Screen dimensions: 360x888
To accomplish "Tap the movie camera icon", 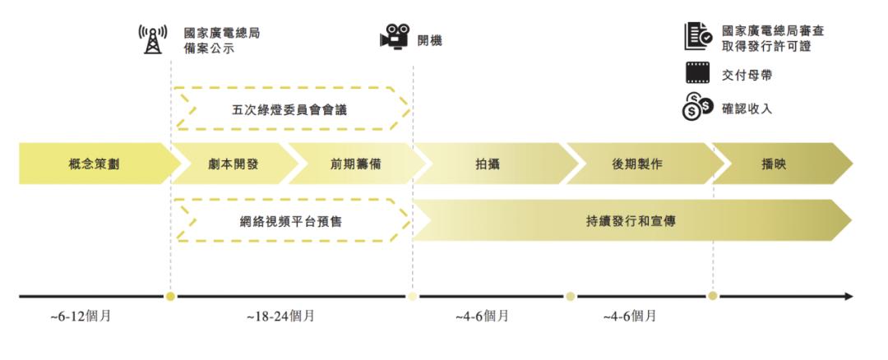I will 394,38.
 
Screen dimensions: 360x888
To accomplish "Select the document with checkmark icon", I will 697,36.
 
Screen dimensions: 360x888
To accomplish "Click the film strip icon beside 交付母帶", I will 697,74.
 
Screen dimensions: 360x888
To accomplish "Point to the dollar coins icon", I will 697,108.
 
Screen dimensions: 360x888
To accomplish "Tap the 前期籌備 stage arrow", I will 349,164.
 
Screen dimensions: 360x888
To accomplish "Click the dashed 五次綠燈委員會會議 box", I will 292,108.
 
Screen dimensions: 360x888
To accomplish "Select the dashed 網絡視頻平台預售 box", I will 292,220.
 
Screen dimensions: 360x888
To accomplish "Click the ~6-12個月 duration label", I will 81,316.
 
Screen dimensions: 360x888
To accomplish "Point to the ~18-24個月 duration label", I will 280,316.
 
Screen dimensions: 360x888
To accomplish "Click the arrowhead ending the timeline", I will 849,296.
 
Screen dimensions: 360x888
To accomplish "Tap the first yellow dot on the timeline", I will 170,296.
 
